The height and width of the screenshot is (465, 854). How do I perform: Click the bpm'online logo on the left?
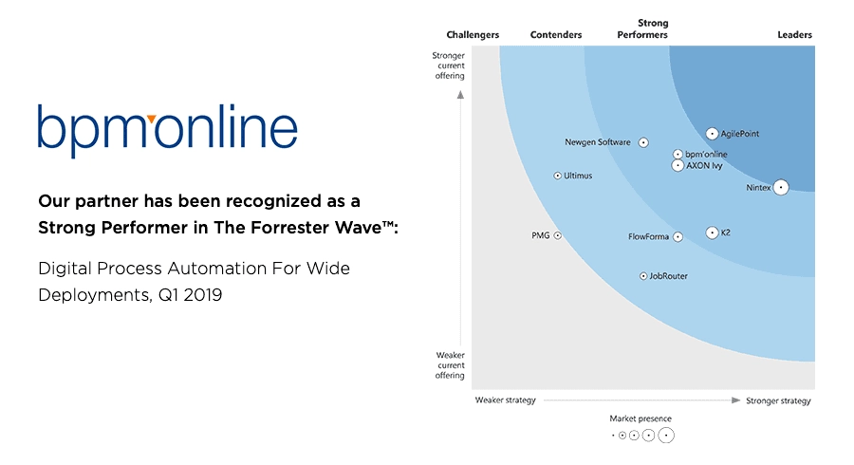tap(168, 130)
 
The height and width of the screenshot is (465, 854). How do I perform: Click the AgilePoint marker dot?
tap(713, 134)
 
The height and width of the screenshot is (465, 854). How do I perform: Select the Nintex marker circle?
tap(781, 188)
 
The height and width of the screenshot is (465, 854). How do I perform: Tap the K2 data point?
tap(713, 232)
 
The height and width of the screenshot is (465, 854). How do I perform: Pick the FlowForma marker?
tap(678, 236)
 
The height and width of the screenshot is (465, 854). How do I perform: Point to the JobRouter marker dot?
tap(643, 276)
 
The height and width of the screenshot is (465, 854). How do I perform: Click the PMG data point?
tap(558, 234)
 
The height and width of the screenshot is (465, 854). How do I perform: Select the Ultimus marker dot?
tap(558, 176)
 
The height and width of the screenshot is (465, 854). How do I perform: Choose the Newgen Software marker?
tap(643, 142)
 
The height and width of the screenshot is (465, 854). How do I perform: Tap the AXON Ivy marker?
tap(678, 165)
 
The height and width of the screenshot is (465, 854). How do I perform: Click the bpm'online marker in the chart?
tap(678, 154)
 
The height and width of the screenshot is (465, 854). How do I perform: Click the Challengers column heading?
tap(473, 35)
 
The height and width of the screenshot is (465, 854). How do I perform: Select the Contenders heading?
tap(556, 35)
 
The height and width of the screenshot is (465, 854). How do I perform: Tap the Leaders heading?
tap(794, 35)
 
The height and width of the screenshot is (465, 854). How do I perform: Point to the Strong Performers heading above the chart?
tap(642, 29)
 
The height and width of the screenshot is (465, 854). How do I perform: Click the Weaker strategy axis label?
tap(505, 400)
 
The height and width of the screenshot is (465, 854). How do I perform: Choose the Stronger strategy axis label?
tap(779, 400)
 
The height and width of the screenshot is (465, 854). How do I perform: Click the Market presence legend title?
tap(640, 418)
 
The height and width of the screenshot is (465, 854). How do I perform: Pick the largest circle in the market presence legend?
tap(666, 436)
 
